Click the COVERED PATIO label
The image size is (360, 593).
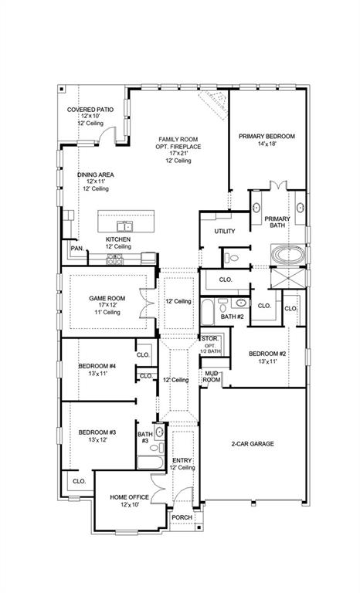(90, 110)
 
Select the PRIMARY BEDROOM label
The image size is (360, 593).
(267, 136)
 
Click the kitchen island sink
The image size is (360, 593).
(124, 226)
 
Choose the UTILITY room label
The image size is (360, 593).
(225, 231)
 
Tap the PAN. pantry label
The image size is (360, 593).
(77, 249)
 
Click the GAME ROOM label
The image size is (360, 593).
(107, 296)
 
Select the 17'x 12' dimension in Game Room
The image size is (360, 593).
(107, 304)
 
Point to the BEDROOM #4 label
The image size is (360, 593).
(97, 365)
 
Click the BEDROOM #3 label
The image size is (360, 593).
(97, 432)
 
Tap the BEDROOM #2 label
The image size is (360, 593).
(267, 354)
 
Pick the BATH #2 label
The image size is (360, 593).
(232, 317)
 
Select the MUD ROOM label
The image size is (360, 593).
(212, 377)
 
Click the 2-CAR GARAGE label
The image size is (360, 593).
(252, 443)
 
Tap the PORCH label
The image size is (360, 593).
(182, 517)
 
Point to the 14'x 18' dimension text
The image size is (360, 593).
(267, 144)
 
